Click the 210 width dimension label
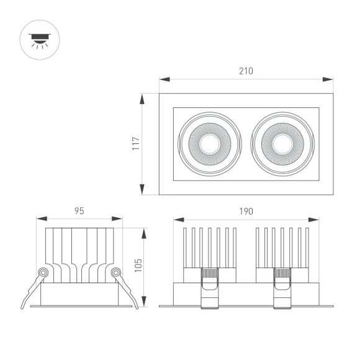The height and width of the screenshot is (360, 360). [246, 71]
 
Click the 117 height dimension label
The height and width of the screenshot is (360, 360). [136, 144]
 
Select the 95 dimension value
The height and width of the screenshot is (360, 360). [79, 211]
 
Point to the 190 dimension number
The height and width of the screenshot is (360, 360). [246, 211]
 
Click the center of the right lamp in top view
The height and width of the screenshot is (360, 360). [282, 144]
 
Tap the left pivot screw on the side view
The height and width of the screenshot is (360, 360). [43, 272]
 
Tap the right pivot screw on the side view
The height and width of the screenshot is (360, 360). [115, 272]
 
